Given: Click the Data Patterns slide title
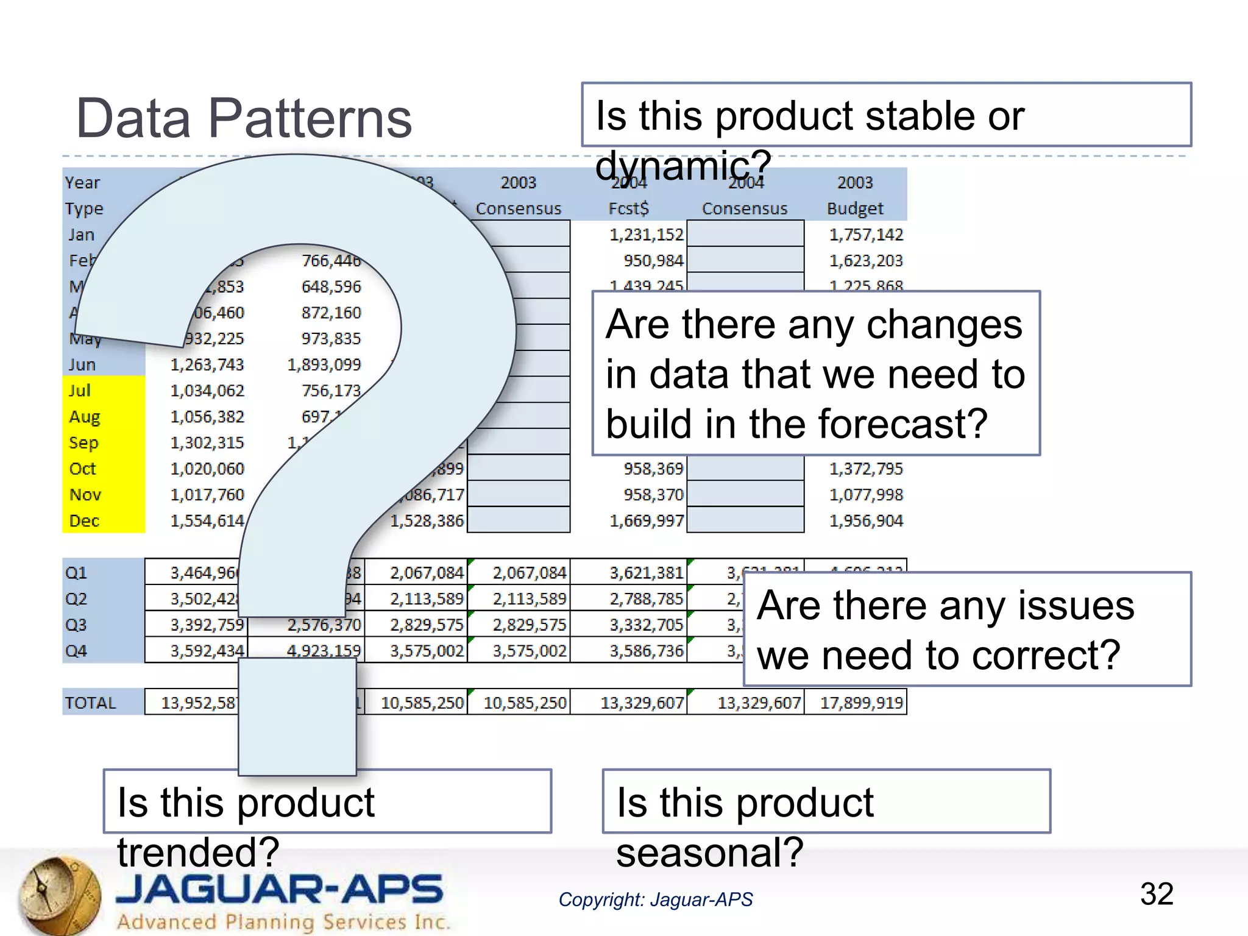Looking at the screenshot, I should point(244,118).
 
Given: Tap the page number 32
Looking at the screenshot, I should point(1156,894).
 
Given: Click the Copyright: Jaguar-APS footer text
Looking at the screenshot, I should point(656,899).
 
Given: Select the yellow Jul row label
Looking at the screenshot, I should point(80,391).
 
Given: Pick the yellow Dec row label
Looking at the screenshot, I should point(84,521).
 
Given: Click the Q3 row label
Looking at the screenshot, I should point(76,625).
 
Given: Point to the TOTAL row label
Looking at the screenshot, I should point(90,703).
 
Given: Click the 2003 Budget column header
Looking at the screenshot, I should point(855,196).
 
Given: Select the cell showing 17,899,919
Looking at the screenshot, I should point(860,703).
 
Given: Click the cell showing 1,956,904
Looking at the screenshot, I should point(865,521).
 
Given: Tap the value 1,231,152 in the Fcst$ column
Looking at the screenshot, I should point(646,235).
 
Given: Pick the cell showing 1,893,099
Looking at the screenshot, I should point(324,364).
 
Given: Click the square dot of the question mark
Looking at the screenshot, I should point(297,716).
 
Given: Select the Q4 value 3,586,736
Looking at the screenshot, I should point(646,651).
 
